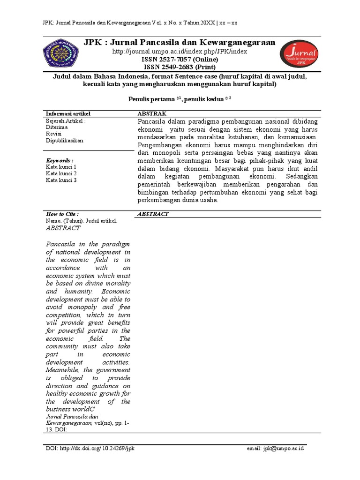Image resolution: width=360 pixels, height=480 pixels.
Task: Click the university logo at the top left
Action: point(61,53)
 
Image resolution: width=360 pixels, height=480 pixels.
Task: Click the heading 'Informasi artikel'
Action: point(68,113)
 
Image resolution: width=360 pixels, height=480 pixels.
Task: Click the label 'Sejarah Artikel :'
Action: point(66,120)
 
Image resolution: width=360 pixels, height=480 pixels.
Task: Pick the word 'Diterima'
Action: point(57,127)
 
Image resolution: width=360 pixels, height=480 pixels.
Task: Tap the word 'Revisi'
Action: point(54,134)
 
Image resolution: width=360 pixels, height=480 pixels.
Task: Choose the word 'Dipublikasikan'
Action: point(65,140)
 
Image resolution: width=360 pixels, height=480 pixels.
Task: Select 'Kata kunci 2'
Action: point(61,173)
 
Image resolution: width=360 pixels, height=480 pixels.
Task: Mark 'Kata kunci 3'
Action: point(61,180)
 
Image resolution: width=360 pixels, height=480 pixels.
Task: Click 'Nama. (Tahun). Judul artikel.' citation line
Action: point(81,220)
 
